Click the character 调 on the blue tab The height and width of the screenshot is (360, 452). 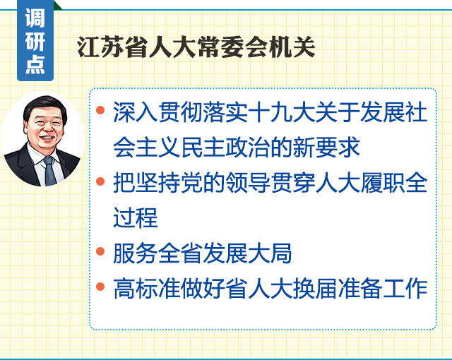coord(35,18)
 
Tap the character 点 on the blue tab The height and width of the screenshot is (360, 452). coord(35,64)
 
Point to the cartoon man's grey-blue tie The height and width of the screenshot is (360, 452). coord(50,171)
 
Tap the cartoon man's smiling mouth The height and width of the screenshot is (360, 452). coord(47,138)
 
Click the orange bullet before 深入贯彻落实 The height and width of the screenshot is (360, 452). coord(100,110)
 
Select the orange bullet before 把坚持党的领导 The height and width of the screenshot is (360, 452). coord(100,181)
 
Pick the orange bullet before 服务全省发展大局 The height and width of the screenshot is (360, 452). coord(100,251)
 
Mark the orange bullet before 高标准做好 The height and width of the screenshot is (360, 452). coord(100,287)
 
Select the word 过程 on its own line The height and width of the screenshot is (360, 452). coord(136,217)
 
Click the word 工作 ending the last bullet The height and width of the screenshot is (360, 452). coord(405,288)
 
